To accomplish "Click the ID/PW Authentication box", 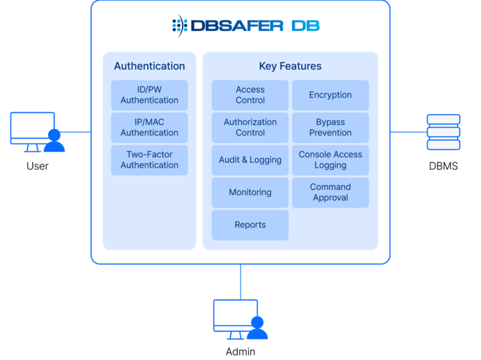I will [149, 95].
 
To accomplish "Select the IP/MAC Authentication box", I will [149, 127].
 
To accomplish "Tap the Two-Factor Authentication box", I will [149, 159].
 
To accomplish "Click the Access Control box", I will [250, 95].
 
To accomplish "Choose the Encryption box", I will [331, 95].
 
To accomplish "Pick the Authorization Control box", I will [250, 127].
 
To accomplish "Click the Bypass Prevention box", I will [331, 127].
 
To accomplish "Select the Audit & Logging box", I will [250, 159].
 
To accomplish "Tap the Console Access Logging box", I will [331, 159].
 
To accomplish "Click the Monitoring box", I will [250, 192].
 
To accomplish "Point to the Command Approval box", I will [331, 192].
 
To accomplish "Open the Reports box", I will [250, 225].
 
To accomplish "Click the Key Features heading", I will [290, 67].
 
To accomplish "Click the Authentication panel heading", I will [149, 67].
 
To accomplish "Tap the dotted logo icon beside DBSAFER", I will [179, 26].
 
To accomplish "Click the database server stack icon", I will [443, 131].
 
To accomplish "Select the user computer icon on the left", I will [37, 132].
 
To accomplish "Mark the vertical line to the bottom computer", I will [240, 281].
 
